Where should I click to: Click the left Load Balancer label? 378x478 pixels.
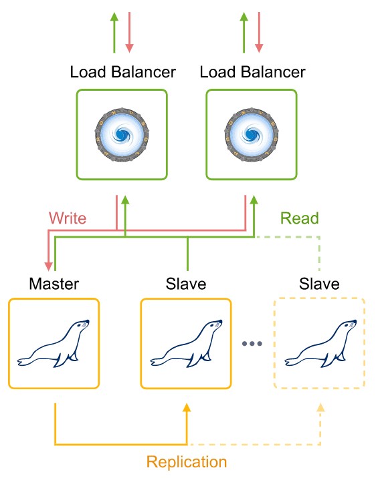pyautogui.click(x=122, y=72)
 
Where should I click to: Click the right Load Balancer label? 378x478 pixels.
pyautogui.click(x=252, y=72)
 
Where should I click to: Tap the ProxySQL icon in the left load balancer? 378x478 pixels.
pyautogui.click(x=122, y=134)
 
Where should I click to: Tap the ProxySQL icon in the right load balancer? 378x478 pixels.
pyautogui.click(x=252, y=134)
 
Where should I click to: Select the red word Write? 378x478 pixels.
pyautogui.click(x=68, y=218)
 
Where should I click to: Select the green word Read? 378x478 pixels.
pyautogui.click(x=300, y=218)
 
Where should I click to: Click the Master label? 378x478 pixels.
pyautogui.click(x=54, y=284)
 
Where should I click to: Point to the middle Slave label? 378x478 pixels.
pyautogui.click(x=186, y=284)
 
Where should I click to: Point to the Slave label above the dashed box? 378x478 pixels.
pyautogui.click(x=319, y=284)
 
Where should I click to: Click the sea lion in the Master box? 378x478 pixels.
pyautogui.click(x=54, y=343)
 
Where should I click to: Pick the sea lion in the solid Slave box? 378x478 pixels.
pyautogui.click(x=186, y=343)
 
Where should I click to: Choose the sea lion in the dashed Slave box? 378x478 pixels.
pyautogui.click(x=320, y=343)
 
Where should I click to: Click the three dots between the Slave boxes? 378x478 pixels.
pyautogui.click(x=252, y=344)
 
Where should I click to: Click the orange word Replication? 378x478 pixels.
pyautogui.click(x=187, y=462)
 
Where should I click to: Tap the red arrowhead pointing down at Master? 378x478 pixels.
pyautogui.click(x=49, y=266)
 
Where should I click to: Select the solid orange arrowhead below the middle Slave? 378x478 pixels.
pyautogui.click(x=187, y=408)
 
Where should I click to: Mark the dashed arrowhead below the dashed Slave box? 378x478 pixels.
pyautogui.click(x=320, y=408)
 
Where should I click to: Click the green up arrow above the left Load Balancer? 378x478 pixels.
pyautogui.click(x=114, y=33)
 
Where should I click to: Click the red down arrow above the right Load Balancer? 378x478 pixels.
pyautogui.click(x=259, y=33)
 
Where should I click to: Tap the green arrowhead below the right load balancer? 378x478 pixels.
pyautogui.click(x=254, y=200)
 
